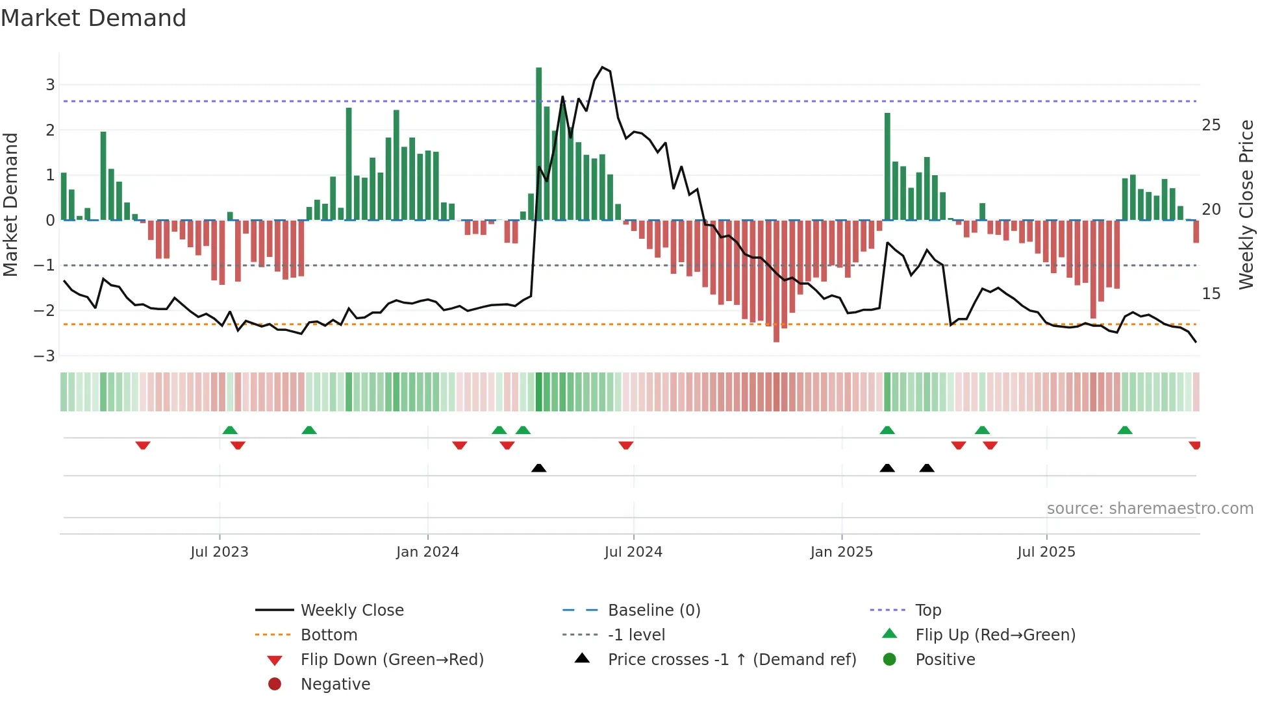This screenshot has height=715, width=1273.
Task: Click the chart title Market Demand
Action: coord(94,18)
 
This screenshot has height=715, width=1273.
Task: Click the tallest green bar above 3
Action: coord(539,143)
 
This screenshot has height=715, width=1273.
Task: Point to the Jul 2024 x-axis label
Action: coord(633,552)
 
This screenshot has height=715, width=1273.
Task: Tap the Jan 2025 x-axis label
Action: coord(841,552)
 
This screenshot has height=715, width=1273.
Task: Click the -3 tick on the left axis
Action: coord(44,356)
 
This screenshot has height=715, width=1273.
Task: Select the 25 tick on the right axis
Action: coord(1211,125)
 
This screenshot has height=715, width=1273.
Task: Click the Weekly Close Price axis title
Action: coord(1246,204)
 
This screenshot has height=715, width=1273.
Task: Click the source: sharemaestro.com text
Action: coord(1150,509)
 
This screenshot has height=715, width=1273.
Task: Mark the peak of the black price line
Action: coord(603,67)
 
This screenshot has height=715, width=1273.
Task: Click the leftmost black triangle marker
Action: coord(538,468)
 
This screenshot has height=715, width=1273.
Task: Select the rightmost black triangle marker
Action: coord(927,468)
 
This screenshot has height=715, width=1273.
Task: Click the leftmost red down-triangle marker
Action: coord(143,445)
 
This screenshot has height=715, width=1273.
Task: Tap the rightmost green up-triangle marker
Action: coord(1125,430)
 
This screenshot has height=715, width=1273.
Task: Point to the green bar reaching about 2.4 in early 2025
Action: coord(887,167)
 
